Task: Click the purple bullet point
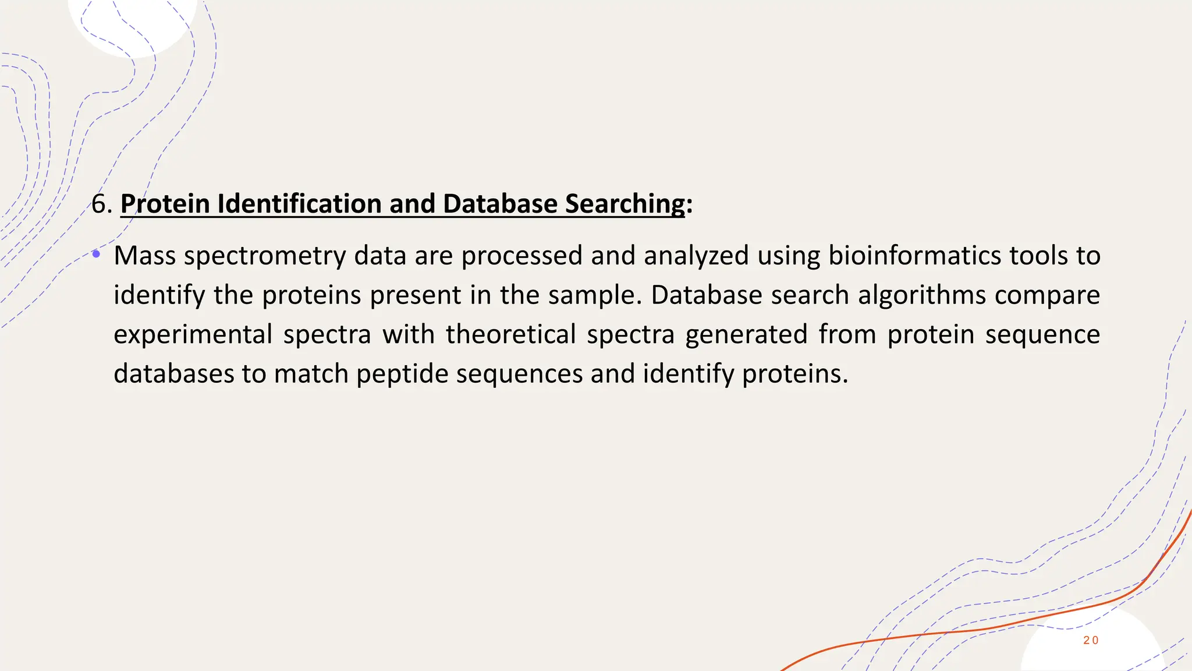click(x=96, y=254)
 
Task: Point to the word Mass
click(x=144, y=256)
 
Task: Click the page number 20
click(x=1091, y=641)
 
